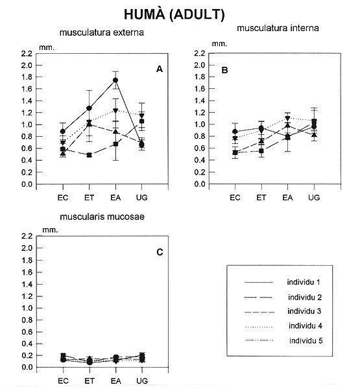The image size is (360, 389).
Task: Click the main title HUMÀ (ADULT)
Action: point(174,14)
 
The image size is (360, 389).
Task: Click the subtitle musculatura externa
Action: point(102,32)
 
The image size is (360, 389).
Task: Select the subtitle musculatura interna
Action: point(278,28)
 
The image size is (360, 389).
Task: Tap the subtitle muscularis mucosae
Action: point(102,217)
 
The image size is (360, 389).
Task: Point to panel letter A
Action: point(160,69)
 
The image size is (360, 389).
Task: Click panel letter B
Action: point(224,70)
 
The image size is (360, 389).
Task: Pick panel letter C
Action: point(160,252)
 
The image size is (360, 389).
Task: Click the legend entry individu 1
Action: point(304,282)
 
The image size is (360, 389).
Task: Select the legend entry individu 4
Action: point(305,325)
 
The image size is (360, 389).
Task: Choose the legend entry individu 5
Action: point(306,340)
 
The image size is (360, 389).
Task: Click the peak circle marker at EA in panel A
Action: point(115,80)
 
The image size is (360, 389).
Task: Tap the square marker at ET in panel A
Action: point(90,156)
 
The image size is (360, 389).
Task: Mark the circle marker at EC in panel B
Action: point(235,132)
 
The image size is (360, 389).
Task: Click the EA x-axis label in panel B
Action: point(288,198)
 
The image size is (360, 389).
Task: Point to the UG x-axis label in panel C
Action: point(142,381)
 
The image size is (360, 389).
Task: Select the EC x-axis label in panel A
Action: point(63,198)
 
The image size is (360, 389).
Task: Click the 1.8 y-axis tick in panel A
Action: point(27,77)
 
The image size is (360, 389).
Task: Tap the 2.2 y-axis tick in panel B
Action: point(200,53)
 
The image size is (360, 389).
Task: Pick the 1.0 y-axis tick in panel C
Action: point(27,308)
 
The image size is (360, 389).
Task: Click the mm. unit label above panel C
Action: point(50,230)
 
